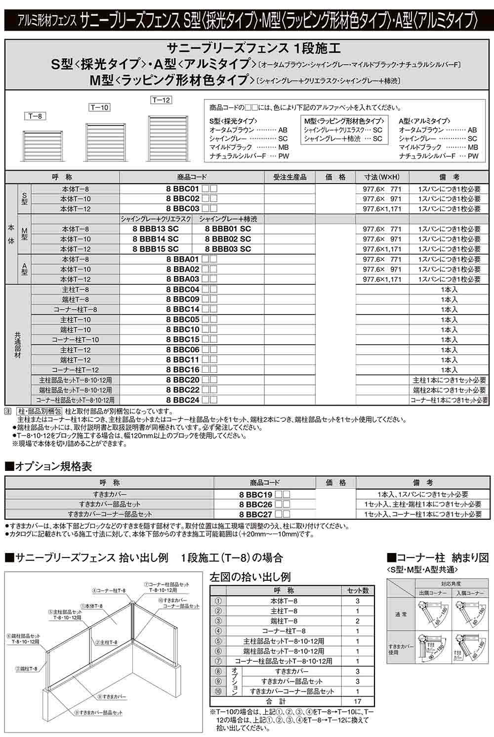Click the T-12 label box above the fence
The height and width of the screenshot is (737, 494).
[161, 100]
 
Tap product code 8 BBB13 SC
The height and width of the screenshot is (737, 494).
[156, 229]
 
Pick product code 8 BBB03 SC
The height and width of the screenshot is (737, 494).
[228, 249]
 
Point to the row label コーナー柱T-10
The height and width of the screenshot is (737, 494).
[76, 340]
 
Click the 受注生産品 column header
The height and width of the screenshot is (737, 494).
[289, 177]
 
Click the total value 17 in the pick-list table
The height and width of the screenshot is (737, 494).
[358, 701]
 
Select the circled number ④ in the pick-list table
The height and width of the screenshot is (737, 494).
[218, 631]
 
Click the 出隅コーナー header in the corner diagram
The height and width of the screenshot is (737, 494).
[433, 593]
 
